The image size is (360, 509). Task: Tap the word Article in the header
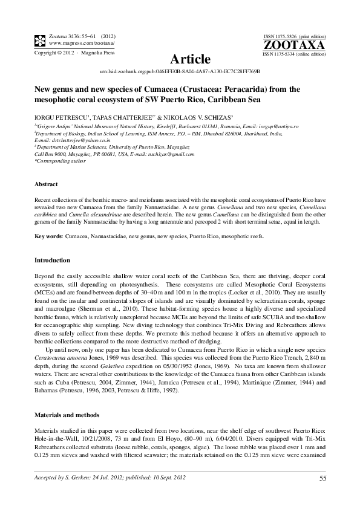191,59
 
